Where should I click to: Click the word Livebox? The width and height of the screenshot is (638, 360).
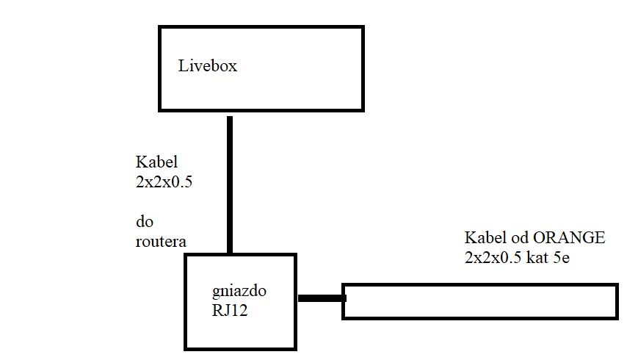208,66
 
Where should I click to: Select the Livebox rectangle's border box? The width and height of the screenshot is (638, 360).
261,28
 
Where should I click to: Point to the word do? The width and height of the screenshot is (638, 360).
144,221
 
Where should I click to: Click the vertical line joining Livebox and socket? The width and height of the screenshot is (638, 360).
230,184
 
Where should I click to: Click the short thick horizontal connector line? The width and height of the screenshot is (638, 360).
321,298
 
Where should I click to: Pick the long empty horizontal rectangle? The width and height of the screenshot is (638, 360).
479,301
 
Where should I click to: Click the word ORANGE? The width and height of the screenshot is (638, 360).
569,238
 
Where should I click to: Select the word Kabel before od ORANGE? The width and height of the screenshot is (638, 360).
483,238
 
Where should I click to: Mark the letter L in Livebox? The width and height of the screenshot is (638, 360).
183,66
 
